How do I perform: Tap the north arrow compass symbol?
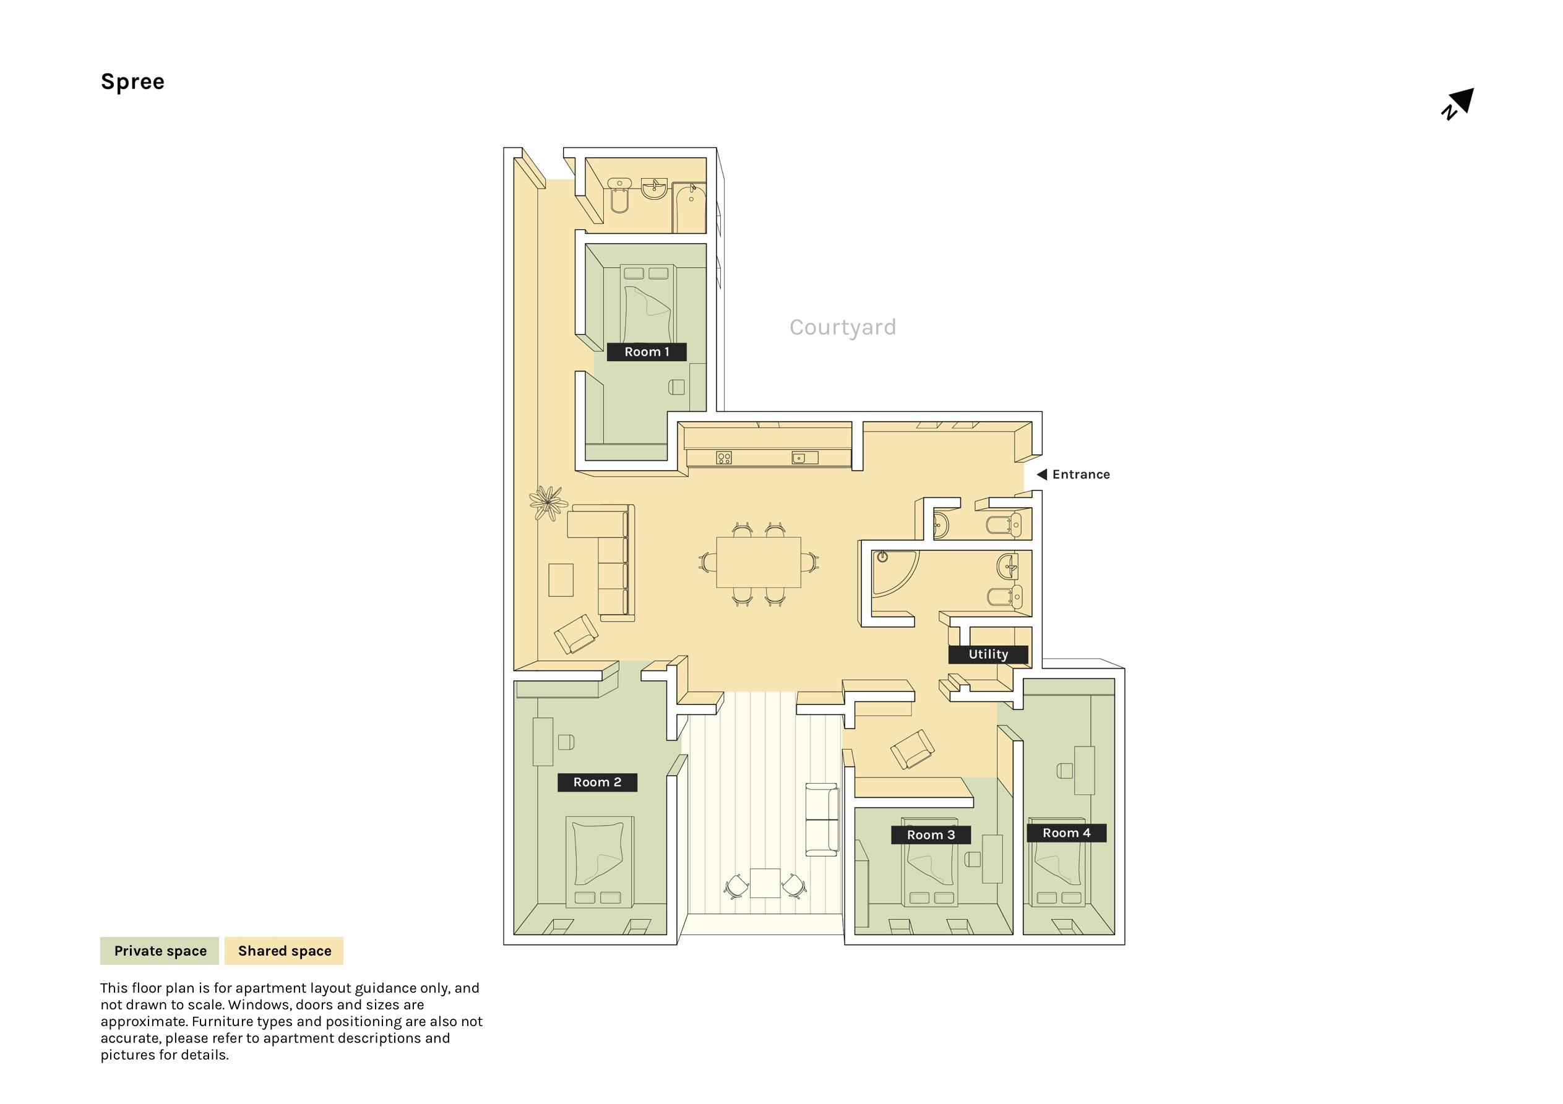point(1457,104)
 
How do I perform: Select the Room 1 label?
point(647,352)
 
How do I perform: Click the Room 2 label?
point(597,782)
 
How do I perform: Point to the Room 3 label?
point(931,834)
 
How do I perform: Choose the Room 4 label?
point(1066,832)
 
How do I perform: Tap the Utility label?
point(988,654)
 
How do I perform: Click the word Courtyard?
point(843,327)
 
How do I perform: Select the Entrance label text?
point(1081,474)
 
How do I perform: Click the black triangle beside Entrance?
point(1041,474)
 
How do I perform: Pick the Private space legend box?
point(159,951)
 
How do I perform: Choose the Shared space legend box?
point(284,951)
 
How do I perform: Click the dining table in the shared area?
point(759,562)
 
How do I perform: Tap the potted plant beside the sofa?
point(548,502)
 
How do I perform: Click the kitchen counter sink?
point(804,458)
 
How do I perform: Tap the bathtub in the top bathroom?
point(689,207)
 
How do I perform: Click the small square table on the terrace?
point(765,883)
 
